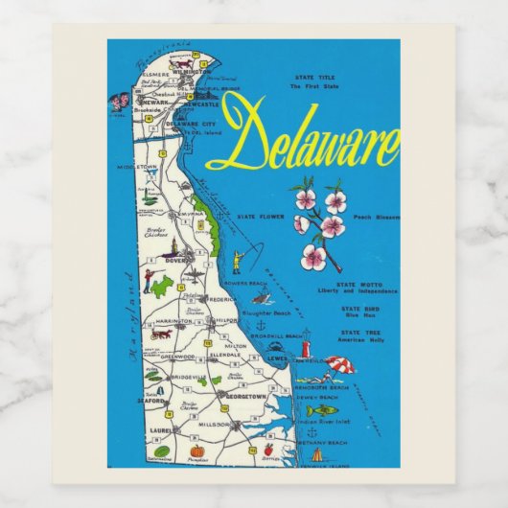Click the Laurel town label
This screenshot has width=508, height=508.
point(159,430)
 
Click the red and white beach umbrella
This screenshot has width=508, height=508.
point(340,364)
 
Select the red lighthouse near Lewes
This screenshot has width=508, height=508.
point(306,348)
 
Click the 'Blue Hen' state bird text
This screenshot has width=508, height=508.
point(361,315)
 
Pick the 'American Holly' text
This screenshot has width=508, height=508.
point(361,338)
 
